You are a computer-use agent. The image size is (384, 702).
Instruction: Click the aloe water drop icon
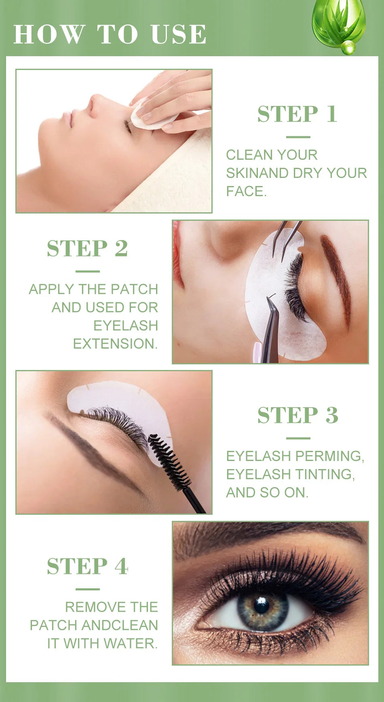(x=339, y=24)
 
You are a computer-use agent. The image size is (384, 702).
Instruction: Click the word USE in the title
(x=178, y=34)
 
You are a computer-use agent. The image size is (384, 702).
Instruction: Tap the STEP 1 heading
(x=297, y=114)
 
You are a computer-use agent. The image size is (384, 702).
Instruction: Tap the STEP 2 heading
(x=87, y=248)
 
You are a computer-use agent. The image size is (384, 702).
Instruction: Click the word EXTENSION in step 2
(x=114, y=344)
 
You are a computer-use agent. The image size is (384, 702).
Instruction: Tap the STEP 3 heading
(x=297, y=415)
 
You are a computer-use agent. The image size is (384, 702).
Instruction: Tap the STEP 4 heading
(x=87, y=566)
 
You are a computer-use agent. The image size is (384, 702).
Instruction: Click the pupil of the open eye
(x=261, y=605)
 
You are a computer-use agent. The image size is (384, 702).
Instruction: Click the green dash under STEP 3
(x=298, y=438)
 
